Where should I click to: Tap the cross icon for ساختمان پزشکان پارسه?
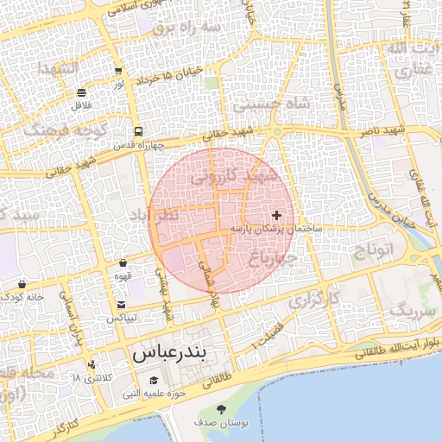coord(276,214)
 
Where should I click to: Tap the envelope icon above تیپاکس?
coord(121,305)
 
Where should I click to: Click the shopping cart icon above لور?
coord(117,71)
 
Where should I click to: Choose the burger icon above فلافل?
coord(81,92)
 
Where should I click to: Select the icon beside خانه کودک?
coord(22,284)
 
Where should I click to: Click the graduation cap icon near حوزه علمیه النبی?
coord(155,381)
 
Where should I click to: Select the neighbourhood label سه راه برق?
coord(186,28)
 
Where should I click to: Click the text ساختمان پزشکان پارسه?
coord(276,229)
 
